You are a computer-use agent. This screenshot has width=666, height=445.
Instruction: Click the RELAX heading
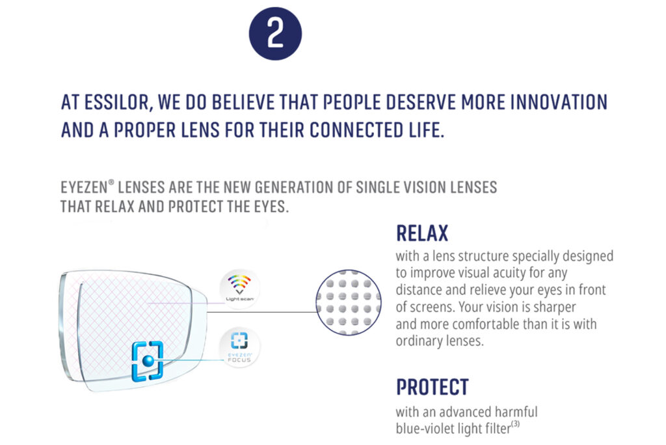(x=422, y=233)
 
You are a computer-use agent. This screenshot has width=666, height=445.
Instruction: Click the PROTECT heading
(x=432, y=386)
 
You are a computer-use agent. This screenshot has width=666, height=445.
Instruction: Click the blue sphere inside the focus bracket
(x=149, y=360)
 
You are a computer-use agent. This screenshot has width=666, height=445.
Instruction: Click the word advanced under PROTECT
(x=460, y=412)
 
